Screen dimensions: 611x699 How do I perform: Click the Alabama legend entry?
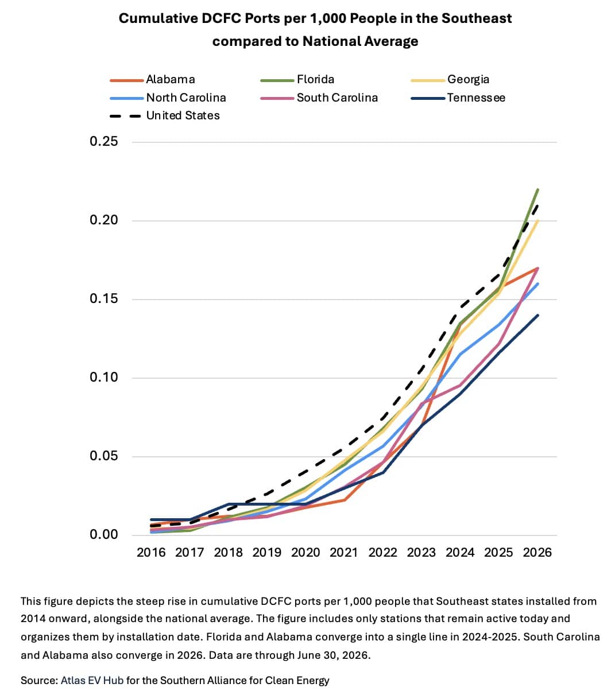click(x=152, y=80)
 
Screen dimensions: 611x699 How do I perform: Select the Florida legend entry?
click(x=297, y=80)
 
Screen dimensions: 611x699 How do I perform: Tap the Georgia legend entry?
click(x=450, y=80)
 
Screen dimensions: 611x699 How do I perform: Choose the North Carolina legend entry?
click(x=168, y=98)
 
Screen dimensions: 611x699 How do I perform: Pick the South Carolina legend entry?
click(x=319, y=98)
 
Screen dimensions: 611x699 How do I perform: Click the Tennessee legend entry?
click(x=458, y=98)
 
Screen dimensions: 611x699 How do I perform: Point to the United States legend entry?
click(x=165, y=116)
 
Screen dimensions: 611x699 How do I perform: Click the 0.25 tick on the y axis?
click(x=103, y=141)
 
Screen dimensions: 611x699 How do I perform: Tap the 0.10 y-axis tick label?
click(x=103, y=378)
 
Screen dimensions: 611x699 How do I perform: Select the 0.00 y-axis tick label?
click(x=103, y=535)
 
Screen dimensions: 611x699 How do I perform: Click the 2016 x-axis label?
click(x=151, y=553)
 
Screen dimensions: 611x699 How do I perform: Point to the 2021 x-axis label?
click(x=344, y=553)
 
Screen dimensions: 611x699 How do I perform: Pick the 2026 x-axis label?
click(x=537, y=553)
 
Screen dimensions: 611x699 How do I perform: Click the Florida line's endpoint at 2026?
click(x=538, y=189)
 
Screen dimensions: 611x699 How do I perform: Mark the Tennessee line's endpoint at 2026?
click(x=538, y=315)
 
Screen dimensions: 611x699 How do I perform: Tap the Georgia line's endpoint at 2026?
click(x=538, y=220)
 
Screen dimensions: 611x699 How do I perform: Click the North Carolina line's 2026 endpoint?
click(x=538, y=284)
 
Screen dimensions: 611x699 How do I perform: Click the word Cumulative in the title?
click(x=158, y=18)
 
